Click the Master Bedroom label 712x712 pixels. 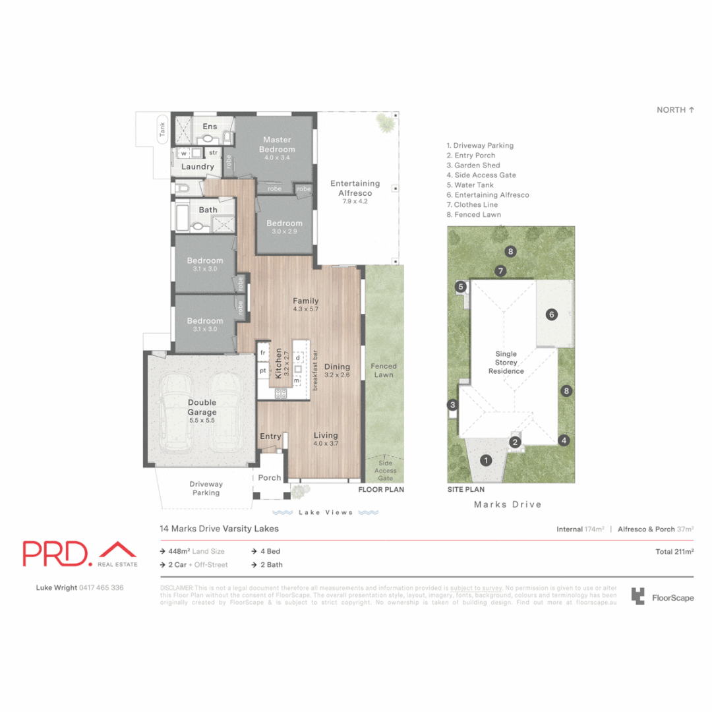(278, 144)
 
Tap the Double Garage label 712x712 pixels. (202, 407)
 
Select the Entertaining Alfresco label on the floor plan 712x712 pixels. (355, 188)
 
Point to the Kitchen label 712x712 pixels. (279, 362)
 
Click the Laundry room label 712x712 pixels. (198, 167)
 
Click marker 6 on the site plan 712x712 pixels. (552, 314)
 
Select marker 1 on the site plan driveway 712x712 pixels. (486, 460)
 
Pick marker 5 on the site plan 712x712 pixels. (461, 286)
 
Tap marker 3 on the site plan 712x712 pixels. (452, 405)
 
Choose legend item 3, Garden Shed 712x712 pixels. (473, 165)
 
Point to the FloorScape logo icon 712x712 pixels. (638, 597)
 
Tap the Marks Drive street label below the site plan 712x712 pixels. (508, 504)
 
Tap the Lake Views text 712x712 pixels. (325, 512)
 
